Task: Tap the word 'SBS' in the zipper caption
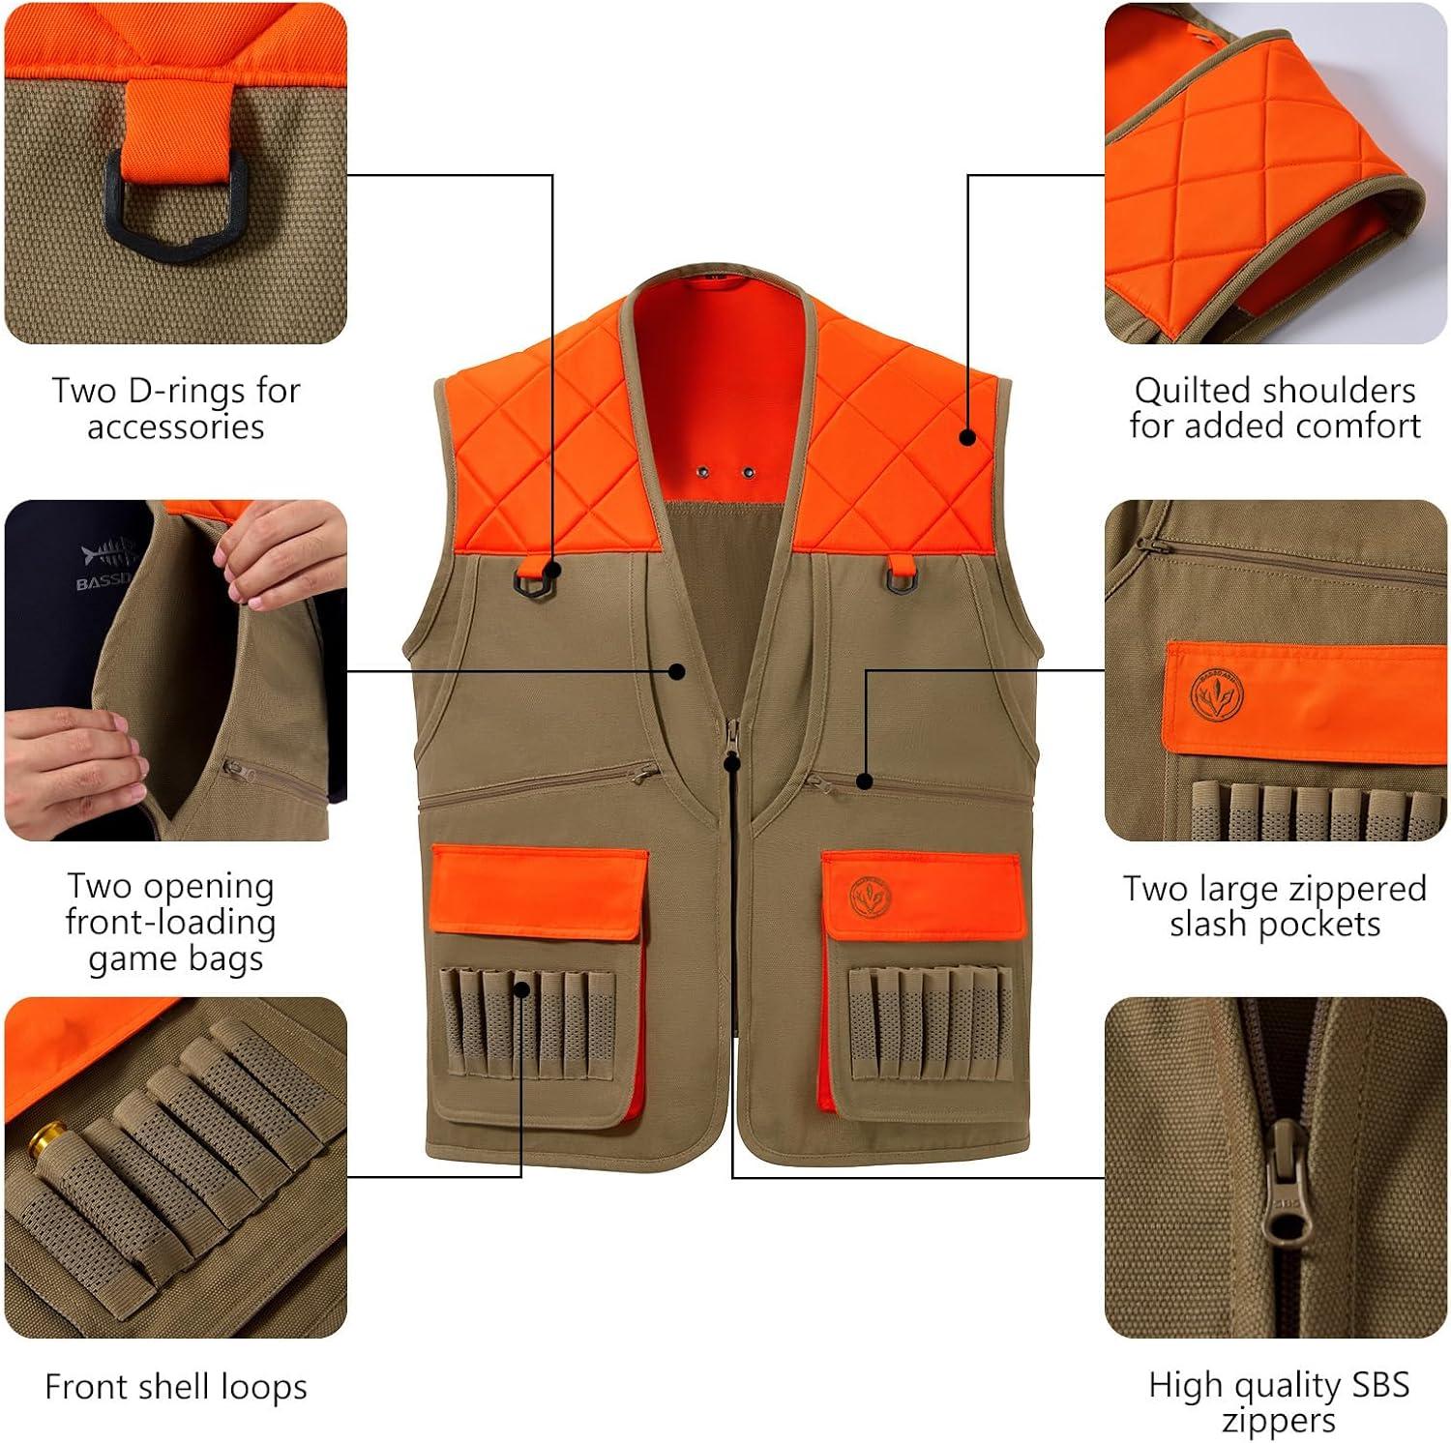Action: [x=1378, y=1385]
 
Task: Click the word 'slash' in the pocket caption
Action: [x=1209, y=924]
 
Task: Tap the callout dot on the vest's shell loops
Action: [x=521, y=988]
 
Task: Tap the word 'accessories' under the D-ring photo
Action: [x=176, y=427]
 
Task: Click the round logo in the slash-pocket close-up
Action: [x=1216, y=694]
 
